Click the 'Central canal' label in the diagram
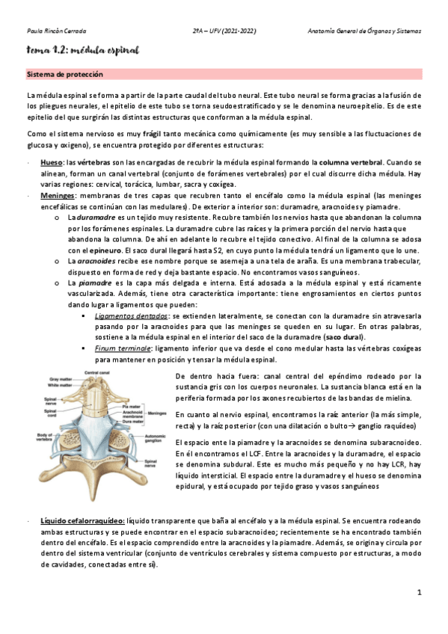[96, 372]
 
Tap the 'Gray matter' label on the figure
[59, 380]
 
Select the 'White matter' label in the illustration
[59, 386]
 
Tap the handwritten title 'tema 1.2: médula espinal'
[82, 50]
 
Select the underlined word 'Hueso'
[51, 161]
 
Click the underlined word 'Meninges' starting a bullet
[57, 195]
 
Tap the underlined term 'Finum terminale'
[120, 348]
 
